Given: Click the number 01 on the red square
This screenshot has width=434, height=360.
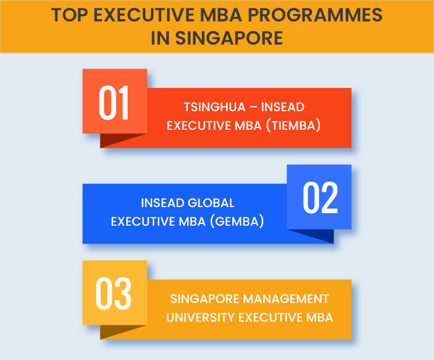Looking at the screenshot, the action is click(114, 103).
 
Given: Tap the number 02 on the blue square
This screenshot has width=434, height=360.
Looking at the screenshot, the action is click(320, 198).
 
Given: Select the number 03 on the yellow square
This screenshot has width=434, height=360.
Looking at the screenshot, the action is click(113, 294).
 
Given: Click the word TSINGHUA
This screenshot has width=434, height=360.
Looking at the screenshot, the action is click(215, 107).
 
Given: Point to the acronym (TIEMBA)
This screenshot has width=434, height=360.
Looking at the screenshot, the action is click(294, 125).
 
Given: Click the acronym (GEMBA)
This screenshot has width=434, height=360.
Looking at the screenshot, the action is click(237, 221).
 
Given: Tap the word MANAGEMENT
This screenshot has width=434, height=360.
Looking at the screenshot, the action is click(286, 299).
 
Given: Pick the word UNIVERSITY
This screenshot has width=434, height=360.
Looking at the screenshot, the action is click(201, 318).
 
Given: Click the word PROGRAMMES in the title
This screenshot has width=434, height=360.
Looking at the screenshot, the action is click(315, 15).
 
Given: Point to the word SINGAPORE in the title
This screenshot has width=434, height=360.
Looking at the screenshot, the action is click(229, 38).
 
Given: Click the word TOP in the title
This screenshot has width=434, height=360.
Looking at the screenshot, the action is click(70, 15).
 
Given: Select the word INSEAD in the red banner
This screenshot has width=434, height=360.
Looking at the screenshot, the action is click(282, 107).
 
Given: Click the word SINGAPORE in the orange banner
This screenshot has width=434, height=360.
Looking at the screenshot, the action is click(204, 299).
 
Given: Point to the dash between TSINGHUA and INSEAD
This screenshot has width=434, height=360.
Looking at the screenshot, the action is click(253, 107).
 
